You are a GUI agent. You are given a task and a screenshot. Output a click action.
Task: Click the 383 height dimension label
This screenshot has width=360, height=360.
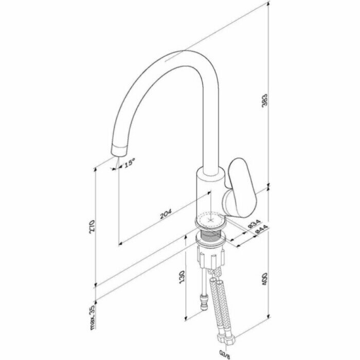pyautogui.click(x=265, y=100)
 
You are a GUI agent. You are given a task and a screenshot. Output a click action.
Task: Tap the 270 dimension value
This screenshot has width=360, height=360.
pyautogui.click(x=92, y=227)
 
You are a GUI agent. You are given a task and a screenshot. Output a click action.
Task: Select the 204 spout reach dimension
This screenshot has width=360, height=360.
pyautogui.click(x=166, y=213)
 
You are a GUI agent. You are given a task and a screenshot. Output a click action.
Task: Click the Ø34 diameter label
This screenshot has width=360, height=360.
pyautogui.click(x=255, y=225)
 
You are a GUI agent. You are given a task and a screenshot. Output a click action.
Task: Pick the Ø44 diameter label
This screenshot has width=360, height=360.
pyautogui.click(x=261, y=229)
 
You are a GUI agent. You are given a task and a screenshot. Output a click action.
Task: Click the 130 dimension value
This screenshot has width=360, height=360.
pyautogui.click(x=182, y=277)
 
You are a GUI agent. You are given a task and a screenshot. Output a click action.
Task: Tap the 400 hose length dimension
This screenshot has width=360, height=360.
pyautogui.click(x=265, y=279)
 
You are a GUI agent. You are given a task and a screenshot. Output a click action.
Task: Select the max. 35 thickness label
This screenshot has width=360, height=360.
pyautogui.click(x=92, y=318)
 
